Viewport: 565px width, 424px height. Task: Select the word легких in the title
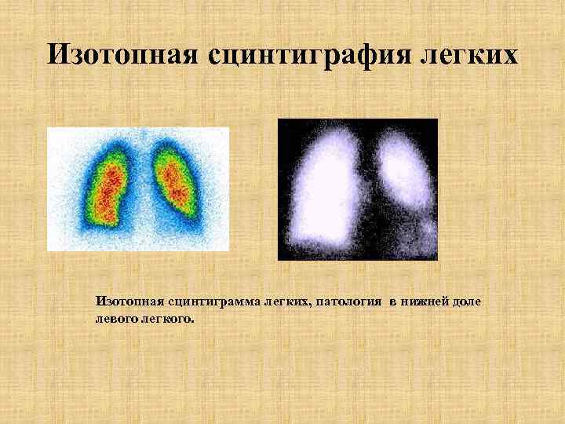[471, 54]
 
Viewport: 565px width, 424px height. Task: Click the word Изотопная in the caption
[126, 301]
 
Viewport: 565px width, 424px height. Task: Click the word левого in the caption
[115, 319]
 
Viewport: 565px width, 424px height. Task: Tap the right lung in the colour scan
[174, 181]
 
